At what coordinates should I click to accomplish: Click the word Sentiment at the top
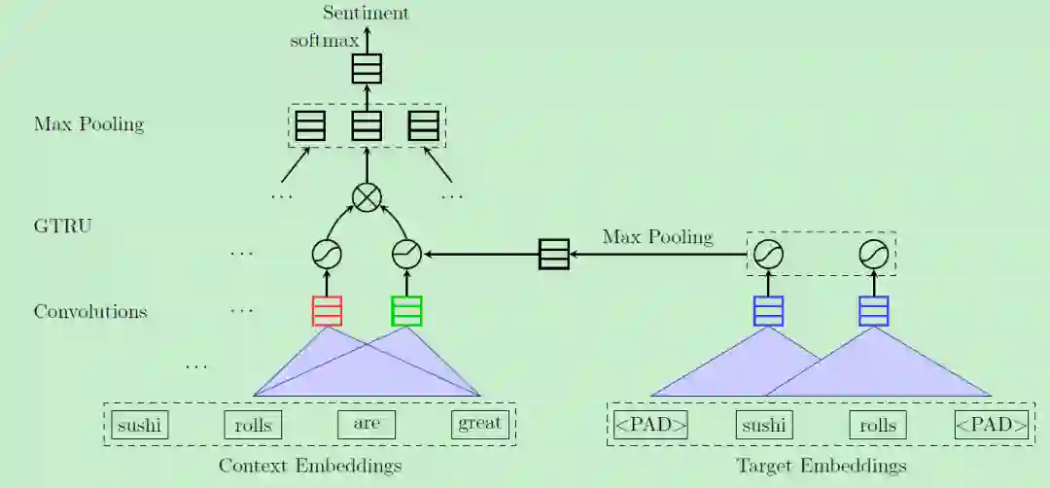tap(367, 13)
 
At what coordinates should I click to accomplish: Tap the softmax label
tap(324, 41)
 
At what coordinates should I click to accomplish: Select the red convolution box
tap(327, 311)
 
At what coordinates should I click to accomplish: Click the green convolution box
tap(406, 311)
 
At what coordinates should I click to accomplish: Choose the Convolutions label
tap(90, 312)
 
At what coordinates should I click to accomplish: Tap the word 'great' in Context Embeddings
tap(480, 424)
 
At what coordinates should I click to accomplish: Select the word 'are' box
tap(367, 425)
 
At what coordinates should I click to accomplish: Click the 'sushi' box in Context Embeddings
tap(139, 425)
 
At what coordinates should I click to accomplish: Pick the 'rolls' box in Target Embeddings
tap(877, 425)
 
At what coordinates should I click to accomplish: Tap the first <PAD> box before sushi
tap(650, 425)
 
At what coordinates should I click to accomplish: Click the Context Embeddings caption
tap(309, 466)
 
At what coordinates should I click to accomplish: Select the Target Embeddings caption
tap(822, 466)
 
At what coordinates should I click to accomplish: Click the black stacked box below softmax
tap(367, 68)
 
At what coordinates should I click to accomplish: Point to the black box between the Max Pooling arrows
tap(554, 255)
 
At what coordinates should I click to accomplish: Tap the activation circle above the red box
tap(327, 255)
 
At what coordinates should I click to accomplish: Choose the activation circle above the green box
tap(406, 255)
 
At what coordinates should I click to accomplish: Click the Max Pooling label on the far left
tap(88, 124)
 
